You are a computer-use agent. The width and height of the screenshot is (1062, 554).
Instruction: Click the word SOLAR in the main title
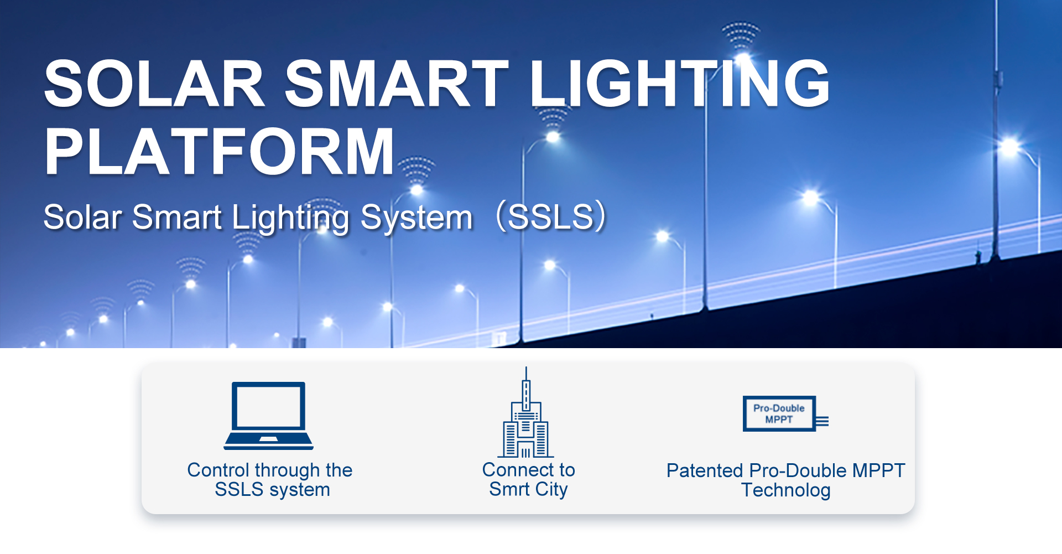pos(155,84)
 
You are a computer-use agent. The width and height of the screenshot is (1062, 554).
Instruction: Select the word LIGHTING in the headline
pos(679,84)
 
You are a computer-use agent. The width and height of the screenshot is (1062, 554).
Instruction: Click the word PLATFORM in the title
pos(220,152)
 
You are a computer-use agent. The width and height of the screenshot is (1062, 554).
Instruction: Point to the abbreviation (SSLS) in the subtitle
pos(551,216)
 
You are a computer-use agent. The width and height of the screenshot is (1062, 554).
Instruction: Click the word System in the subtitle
pos(417,218)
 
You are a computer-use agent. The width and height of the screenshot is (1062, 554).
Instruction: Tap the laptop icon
pos(268,415)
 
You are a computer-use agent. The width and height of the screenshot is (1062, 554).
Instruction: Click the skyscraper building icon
pos(525,421)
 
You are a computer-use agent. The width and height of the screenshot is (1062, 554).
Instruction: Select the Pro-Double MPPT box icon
pos(779,413)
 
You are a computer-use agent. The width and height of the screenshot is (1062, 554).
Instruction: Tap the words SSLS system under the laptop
pos(272,489)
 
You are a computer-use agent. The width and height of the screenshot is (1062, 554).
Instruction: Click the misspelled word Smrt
pos(509,489)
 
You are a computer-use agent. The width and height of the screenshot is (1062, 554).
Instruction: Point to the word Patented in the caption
pos(704,470)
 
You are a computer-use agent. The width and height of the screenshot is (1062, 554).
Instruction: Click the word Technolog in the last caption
pos(785,490)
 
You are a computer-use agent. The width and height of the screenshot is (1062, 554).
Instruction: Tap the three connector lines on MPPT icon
pos(822,421)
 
